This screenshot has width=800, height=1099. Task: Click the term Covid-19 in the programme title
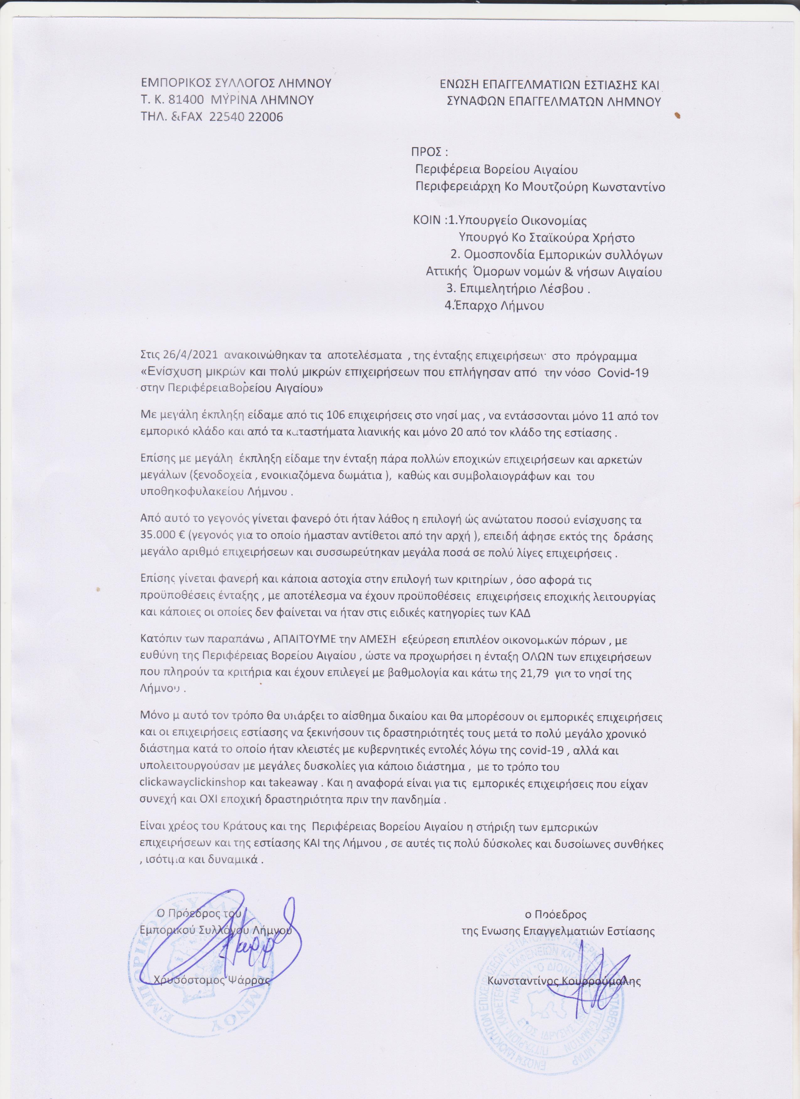pos(624,372)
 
